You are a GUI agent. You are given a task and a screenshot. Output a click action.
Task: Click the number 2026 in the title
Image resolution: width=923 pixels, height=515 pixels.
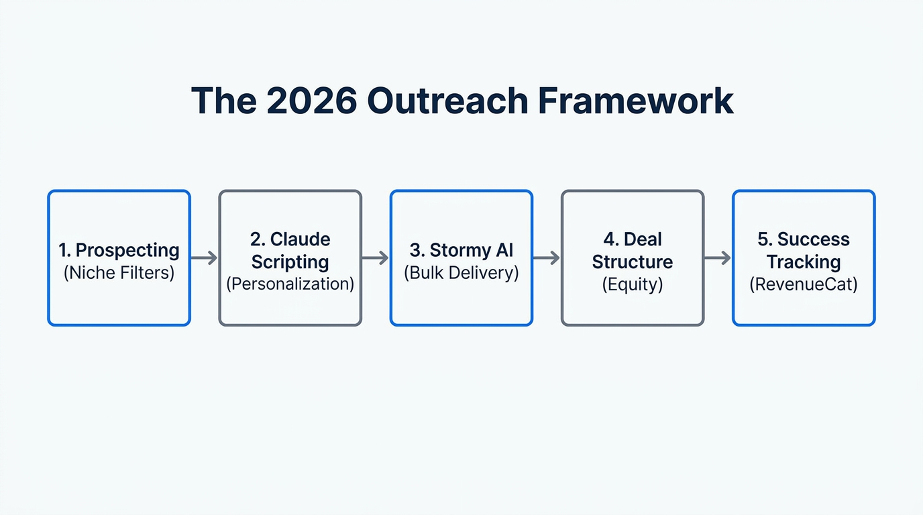tap(311, 101)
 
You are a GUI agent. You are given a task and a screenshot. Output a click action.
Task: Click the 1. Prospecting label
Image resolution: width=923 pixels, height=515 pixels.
tap(119, 250)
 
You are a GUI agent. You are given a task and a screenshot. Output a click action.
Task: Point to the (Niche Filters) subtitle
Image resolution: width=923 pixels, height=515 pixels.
tap(119, 273)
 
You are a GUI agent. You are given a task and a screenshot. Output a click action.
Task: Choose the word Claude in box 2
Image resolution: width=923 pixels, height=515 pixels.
tap(300, 239)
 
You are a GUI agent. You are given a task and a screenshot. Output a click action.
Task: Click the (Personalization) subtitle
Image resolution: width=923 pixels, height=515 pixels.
tap(290, 284)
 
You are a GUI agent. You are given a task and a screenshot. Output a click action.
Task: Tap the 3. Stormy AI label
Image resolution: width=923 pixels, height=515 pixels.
tap(461, 250)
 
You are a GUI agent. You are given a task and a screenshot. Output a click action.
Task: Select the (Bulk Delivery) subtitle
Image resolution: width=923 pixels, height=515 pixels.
tap(461, 273)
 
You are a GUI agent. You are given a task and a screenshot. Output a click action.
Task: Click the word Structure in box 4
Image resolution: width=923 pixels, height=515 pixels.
tap(633, 262)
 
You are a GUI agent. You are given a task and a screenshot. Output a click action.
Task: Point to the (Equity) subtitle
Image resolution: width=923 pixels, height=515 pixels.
tap(633, 284)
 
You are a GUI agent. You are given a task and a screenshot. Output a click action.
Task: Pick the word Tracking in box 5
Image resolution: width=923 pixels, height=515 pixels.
tap(804, 262)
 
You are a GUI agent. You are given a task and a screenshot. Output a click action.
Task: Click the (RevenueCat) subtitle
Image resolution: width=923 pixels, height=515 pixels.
tap(804, 284)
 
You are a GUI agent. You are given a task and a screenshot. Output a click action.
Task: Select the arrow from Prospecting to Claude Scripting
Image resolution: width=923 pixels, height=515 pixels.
tap(204, 257)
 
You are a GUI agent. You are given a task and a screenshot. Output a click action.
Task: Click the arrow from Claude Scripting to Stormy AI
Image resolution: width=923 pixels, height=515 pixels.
tap(376, 257)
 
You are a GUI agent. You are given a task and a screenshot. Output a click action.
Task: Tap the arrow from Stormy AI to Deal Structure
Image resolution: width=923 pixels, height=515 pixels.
tap(547, 257)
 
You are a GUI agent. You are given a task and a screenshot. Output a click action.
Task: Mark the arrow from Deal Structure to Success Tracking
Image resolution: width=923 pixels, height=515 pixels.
tap(718, 257)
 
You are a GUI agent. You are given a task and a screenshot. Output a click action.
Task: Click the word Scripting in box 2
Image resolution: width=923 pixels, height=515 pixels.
tap(290, 262)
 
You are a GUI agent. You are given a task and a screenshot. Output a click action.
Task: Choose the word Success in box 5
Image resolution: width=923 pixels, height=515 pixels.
tap(813, 239)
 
